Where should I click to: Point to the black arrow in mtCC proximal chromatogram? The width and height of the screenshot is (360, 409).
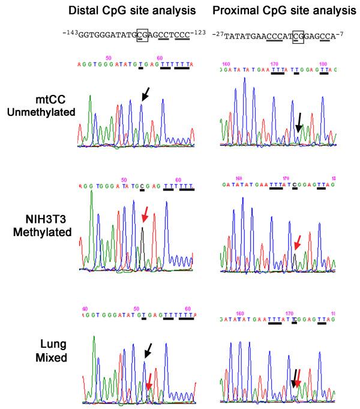point(299,124)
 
